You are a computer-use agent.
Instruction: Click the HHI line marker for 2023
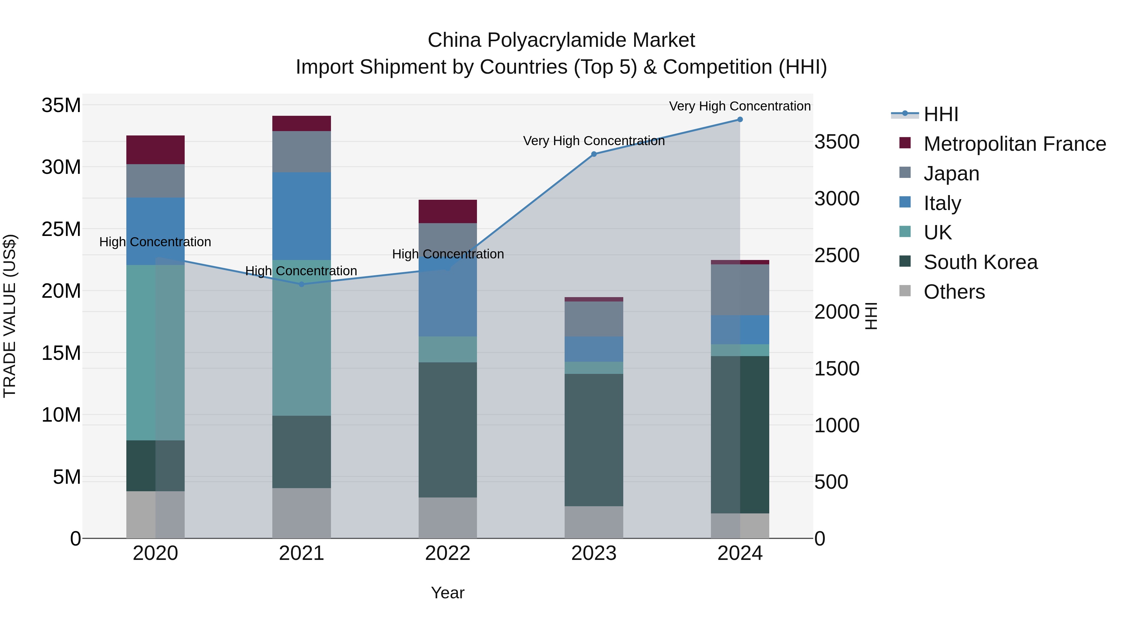(x=593, y=154)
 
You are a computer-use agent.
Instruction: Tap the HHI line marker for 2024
(x=740, y=120)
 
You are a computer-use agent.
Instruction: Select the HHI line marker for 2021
(x=301, y=284)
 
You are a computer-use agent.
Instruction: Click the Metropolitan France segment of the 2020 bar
(x=155, y=149)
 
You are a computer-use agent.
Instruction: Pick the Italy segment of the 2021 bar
(x=301, y=216)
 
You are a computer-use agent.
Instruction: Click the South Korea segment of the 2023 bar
(x=593, y=440)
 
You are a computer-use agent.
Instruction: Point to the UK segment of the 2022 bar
(x=447, y=349)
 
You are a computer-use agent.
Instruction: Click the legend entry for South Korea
(x=980, y=262)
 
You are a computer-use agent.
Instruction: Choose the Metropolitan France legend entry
(x=1014, y=144)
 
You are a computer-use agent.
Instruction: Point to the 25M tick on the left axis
(x=61, y=229)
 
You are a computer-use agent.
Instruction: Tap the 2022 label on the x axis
(x=447, y=553)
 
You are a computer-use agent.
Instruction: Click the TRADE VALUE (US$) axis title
(x=10, y=316)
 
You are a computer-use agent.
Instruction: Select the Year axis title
(x=447, y=593)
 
